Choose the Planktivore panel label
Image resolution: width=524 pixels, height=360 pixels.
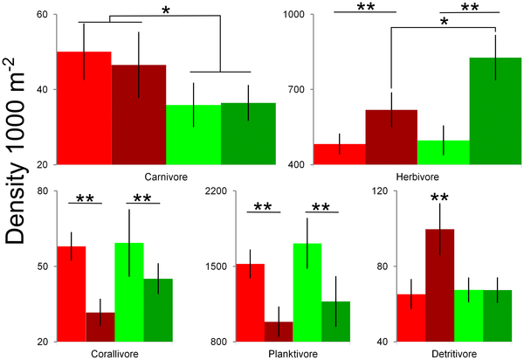coord(292,353)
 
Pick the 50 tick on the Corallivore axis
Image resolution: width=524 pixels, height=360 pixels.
coord(42,267)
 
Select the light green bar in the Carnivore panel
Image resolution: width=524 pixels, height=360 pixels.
coord(193,135)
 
